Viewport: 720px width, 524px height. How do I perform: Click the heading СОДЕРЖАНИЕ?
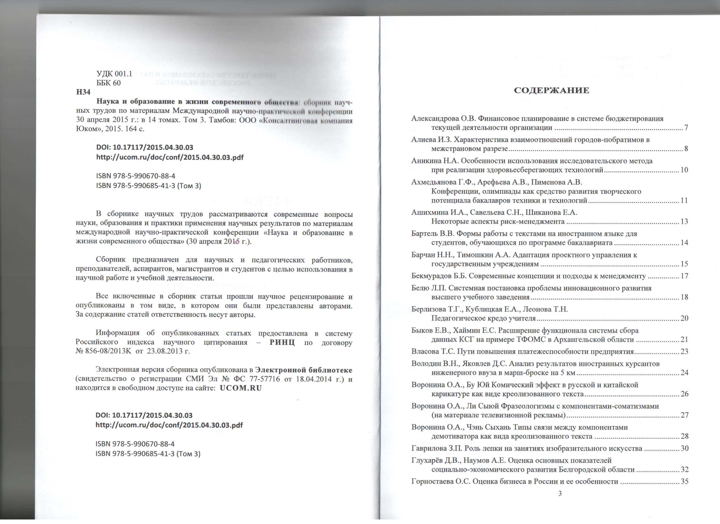pyautogui.click(x=551, y=90)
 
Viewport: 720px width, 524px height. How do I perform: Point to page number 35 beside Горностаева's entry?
pyautogui.click(x=684, y=481)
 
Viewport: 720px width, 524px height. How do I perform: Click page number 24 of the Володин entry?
pyautogui.click(x=684, y=373)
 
